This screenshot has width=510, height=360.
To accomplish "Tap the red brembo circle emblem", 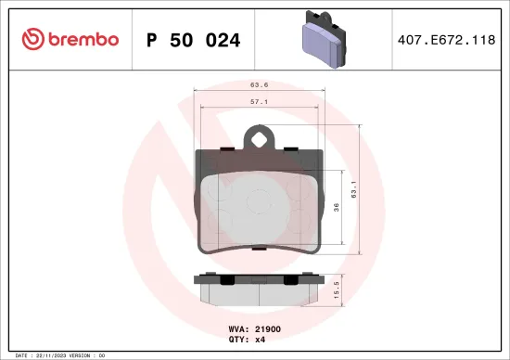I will coord(34,39).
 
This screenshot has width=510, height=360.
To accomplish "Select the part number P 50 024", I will coord(194,40).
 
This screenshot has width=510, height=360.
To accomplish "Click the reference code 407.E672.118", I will coord(446,40).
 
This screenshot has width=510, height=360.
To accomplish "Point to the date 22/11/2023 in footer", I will coord(53,355).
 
